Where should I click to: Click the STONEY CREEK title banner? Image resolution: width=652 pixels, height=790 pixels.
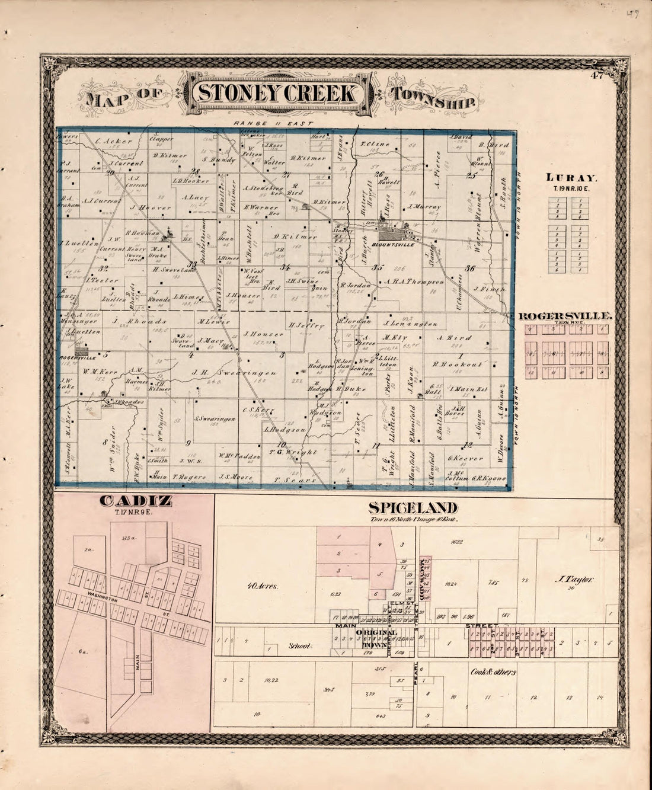[277, 94]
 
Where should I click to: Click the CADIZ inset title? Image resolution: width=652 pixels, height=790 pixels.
[136, 501]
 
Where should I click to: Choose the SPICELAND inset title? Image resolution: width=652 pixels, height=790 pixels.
[413, 508]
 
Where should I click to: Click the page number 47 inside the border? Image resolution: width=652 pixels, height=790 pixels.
[597, 75]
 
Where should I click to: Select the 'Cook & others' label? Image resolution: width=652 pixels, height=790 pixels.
[493, 672]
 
